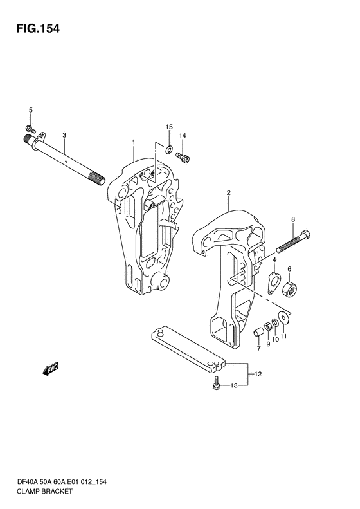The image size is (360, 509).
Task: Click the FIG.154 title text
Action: point(39,28)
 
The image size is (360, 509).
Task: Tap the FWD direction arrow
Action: point(50,369)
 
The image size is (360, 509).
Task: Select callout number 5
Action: point(31,110)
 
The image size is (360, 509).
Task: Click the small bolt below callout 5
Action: point(30,129)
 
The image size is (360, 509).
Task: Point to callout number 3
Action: point(64,135)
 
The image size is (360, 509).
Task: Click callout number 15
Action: point(169,127)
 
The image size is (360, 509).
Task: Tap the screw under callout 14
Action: point(183,158)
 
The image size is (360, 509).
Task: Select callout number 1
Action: point(133,142)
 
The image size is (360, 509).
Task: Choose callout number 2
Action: point(229,193)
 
